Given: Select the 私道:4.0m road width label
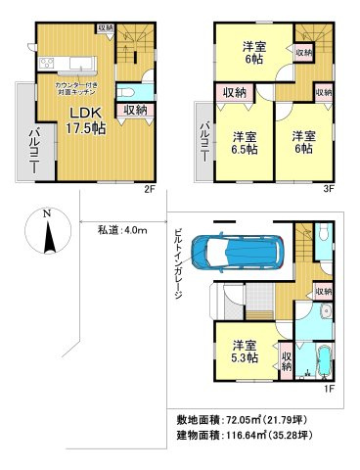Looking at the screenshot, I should click(121, 231).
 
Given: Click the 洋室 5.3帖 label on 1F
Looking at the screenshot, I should click(247, 352).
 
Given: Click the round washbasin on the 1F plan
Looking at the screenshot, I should click(325, 312).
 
